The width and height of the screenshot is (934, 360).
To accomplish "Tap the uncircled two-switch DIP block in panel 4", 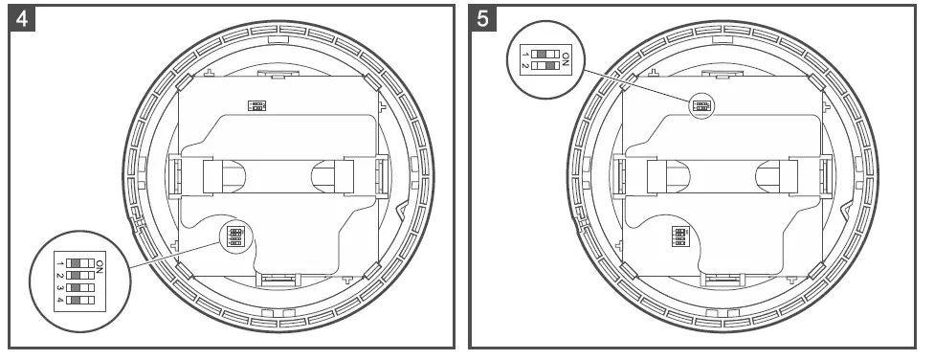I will (x=256, y=104).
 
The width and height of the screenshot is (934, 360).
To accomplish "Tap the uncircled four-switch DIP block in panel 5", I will (x=680, y=236).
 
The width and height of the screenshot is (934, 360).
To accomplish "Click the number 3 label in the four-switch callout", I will (x=59, y=287).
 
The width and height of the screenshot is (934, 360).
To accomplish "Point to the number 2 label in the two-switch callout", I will (x=524, y=68).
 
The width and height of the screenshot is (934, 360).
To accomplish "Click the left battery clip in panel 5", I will (x=657, y=176).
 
